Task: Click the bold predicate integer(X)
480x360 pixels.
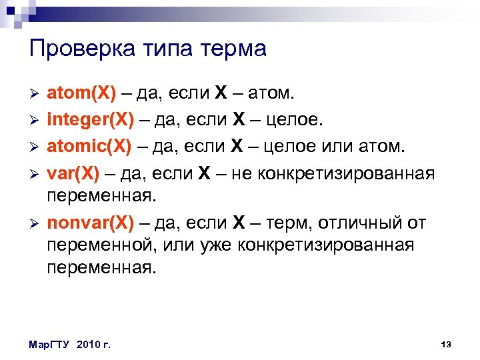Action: pos(88,120)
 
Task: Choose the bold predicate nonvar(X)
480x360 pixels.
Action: pos(90,223)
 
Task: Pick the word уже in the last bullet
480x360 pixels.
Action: pos(217,245)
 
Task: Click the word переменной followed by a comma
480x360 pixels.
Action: pos(99,245)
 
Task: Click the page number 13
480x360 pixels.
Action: pos(446,344)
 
